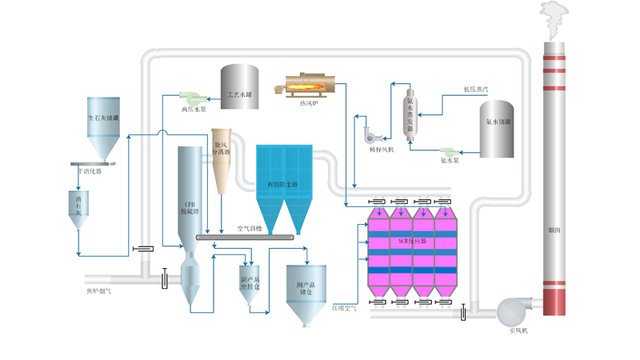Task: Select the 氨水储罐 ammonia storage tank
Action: [497, 128]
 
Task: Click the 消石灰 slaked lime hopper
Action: [78, 210]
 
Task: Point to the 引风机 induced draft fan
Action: [512, 311]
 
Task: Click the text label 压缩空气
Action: [345, 306]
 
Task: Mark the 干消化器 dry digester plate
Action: [97, 162]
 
